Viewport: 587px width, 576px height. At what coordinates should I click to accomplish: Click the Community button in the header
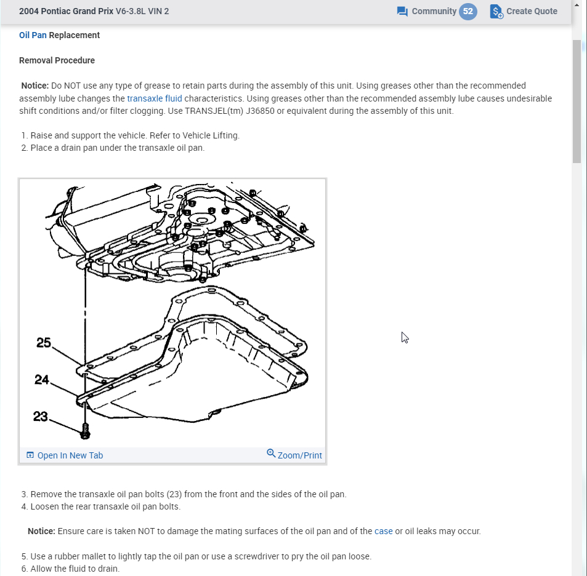click(427, 11)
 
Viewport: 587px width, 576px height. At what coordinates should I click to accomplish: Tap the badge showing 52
click(468, 11)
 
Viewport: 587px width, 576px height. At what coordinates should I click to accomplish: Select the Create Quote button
click(524, 11)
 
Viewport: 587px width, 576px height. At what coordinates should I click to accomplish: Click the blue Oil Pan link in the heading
click(33, 35)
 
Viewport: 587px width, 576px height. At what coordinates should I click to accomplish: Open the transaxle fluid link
click(155, 98)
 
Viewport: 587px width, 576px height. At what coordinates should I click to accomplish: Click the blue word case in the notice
click(383, 531)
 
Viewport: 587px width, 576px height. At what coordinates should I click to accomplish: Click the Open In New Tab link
click(70, 455)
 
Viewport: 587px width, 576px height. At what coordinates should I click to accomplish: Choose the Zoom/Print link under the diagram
click(299, 455)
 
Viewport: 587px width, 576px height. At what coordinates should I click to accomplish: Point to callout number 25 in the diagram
click(44, 343)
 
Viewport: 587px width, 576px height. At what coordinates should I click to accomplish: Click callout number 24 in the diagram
click(42, 380)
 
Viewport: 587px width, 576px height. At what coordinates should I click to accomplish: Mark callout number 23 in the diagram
click(41, 417)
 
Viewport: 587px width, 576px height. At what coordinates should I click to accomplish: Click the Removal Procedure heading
click(57, 60)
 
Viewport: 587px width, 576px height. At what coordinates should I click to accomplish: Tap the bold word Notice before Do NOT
click(34, 86)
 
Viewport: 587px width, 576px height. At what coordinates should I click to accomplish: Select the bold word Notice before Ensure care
click(41, 531)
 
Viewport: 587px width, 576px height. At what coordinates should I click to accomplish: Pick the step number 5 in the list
click(24, 556)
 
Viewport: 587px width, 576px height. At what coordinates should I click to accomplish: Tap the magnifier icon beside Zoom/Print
click(271, 454)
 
